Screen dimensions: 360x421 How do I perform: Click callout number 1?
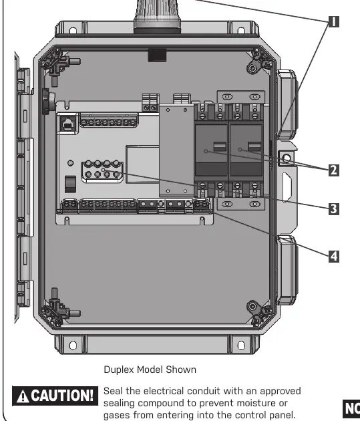click(x=334, y=22)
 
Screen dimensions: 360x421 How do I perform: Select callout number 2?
click(x=334, y=170)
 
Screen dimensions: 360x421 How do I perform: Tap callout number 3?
click(x=334, y=209)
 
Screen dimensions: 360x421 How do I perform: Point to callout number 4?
click(x=334, y=256)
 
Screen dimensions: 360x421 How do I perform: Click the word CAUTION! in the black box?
click(x=62, y=396)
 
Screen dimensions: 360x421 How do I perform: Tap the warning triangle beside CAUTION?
click(x=23, y=396)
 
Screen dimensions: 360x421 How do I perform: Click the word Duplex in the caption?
click(x=119, y=370)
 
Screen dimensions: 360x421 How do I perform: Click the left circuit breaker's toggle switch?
click(x=220, y=147)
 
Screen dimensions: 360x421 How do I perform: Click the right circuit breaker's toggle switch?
click(x=254, y=147)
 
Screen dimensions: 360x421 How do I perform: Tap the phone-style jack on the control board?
click(x=68, y=124)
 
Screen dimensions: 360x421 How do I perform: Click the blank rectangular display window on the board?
click(x=143, y=164)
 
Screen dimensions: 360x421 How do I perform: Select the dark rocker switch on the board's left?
click(x=71, y=184)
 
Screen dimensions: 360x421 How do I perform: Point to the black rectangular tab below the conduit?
click(x=157, y=55)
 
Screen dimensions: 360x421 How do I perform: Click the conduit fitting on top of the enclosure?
click(x=157, y=16)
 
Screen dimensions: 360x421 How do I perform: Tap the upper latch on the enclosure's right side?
click(x=287, y=104)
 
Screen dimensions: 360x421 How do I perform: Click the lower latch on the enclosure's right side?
click(x=287, y=270)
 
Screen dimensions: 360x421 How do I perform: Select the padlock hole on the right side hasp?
click(x=287, y=158)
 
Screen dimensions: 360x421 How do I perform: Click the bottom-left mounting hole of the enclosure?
click(x=73, y=345)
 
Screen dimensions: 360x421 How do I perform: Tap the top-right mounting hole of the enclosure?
click(x=241, y=30)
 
